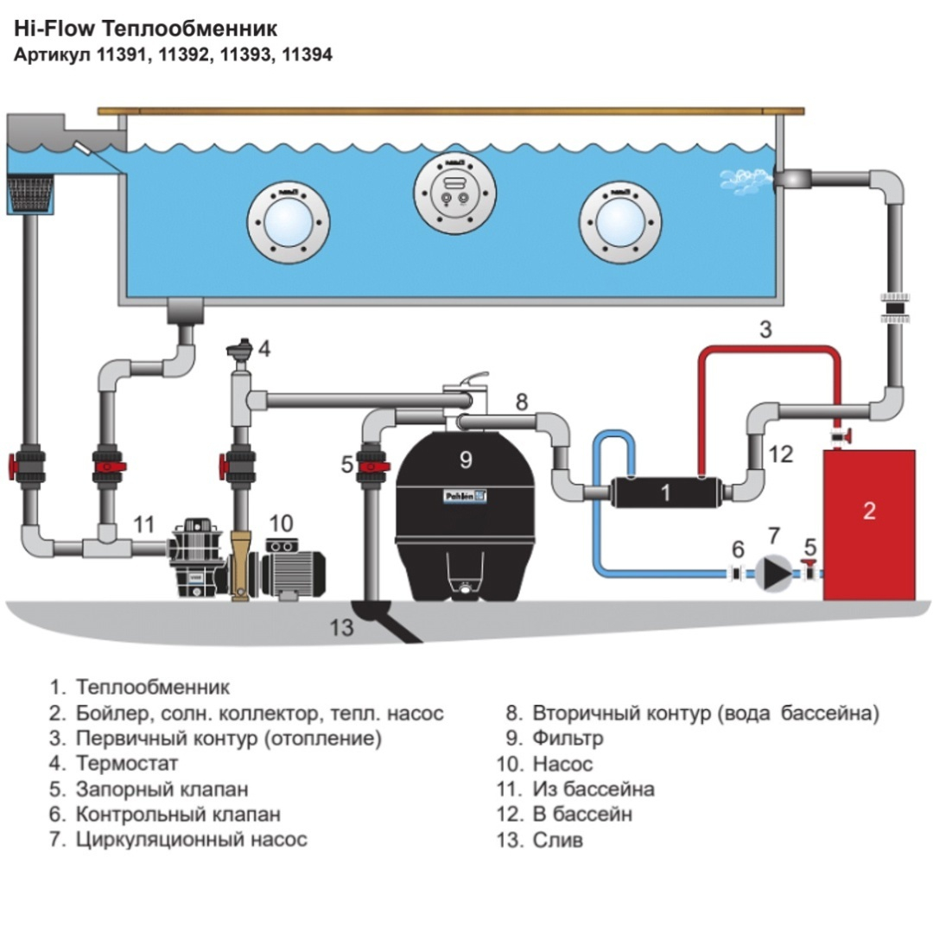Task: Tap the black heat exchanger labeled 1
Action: click(664, 492)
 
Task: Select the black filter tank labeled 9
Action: click(466, 518)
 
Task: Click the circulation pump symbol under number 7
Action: click(774, 571)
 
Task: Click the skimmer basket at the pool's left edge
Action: click(30, 194)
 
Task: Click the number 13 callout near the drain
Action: click(342, 627)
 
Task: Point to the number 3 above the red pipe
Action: click(765, 329)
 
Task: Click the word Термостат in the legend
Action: click(127, 764)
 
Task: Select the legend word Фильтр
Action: click(568, 739)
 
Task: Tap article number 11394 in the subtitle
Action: click(307, 54)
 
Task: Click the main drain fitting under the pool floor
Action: click(182, 310)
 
